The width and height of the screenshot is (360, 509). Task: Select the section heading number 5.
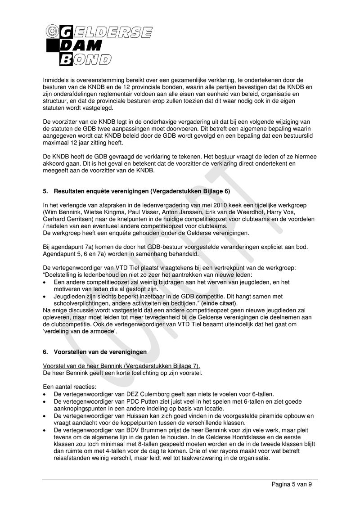(45, 191)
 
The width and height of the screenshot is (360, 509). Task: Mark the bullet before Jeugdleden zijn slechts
(45, 297)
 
